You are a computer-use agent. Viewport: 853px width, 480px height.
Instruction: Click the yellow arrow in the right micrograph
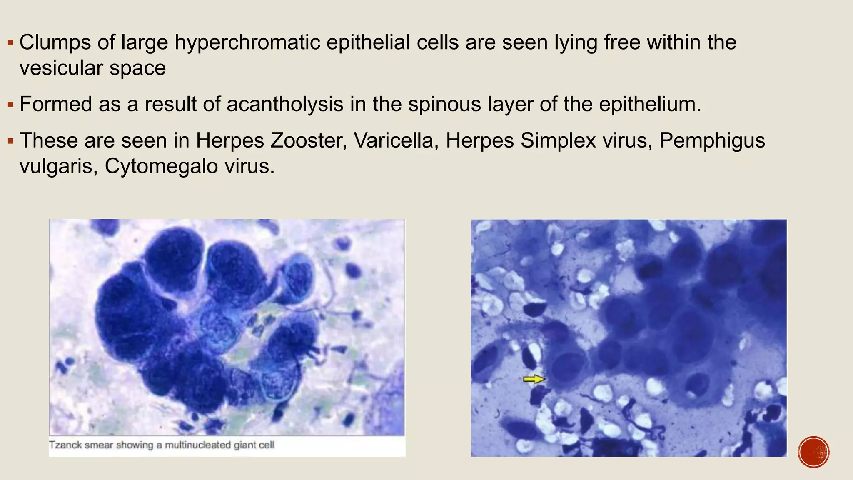click(x=534, y=379)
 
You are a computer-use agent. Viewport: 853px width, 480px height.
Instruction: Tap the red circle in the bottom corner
click(x=813, y=452)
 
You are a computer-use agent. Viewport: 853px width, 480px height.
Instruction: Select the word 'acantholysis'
click(x=285, y=104)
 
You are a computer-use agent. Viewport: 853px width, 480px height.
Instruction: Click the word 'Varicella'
click(x=396, y=140)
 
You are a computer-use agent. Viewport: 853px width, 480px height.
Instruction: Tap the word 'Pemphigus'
click(x=712, y=140)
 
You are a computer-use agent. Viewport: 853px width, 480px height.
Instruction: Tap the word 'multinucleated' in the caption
click(x=197, y=445)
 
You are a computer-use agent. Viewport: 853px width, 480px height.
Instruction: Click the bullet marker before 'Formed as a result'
click(x=11, y=104)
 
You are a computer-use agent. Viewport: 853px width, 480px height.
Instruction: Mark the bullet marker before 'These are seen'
click(x=11, y=140)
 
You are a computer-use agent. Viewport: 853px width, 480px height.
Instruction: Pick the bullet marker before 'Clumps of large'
click(x=11, y=42)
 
